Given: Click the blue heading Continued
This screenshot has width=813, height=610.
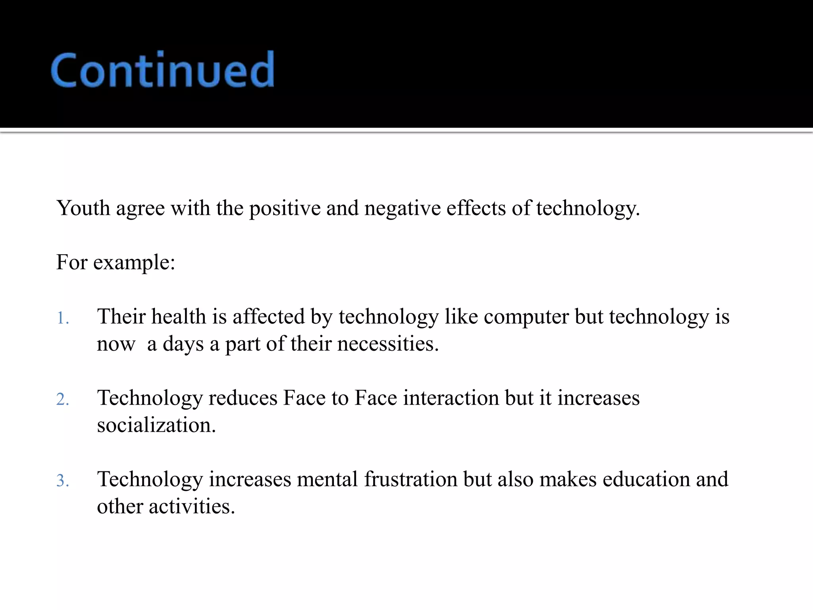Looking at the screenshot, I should (162, 70).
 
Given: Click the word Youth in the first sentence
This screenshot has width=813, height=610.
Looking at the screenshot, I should (83, 208).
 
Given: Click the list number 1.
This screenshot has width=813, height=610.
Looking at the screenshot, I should (62, 318).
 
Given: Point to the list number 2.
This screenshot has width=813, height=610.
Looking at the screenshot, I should (62, 399).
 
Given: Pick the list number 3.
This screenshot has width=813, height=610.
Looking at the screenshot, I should (62, 481).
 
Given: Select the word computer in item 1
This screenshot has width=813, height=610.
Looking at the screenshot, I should (526, 317).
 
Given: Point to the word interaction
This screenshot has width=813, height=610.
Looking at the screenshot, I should (451, 398).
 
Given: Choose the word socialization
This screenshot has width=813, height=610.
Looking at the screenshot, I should (156, 425).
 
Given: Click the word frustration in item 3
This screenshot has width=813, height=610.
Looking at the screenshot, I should (410, 479).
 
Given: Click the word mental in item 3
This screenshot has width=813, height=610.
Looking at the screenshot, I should (327, 479).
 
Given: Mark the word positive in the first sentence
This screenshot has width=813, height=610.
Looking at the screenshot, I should (285, 208).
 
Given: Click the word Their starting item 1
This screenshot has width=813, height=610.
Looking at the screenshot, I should (121, 317).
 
